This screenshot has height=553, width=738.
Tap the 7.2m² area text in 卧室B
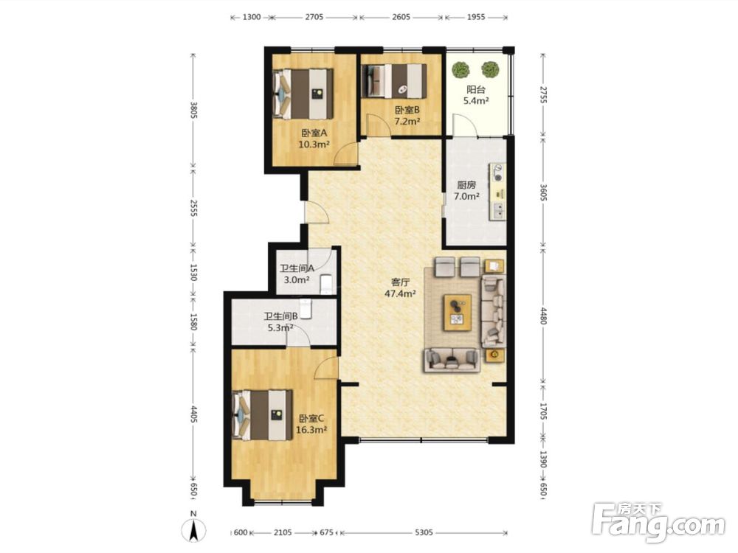tap(407, 122)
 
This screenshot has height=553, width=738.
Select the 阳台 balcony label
tap(476, 89)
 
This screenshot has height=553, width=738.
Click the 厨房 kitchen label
tap(466, 185)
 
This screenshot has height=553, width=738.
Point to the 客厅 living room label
tap(401, 282)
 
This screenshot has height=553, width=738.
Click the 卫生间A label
tap(297, 268)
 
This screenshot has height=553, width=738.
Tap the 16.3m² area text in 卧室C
tap(311, 429)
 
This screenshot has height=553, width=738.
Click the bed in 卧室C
tap(263, 415)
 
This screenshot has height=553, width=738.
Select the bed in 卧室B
tap(394, 81)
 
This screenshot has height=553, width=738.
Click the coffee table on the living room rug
tap(458, 312)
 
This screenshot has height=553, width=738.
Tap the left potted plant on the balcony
tap(461, 70)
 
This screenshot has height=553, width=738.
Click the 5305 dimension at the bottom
tap(424, 533)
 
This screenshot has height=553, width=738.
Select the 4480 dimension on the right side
tap(543, 316)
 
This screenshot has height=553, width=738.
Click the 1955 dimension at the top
tap(476, 18)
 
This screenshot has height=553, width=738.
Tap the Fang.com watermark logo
tap(659, 523)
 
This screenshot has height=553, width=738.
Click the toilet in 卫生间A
tap(325, 285)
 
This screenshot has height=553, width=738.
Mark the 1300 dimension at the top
tap(252, 18)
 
